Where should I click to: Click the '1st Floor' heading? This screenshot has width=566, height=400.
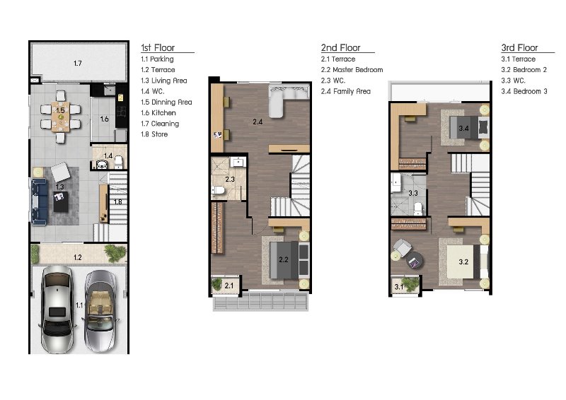tap(158, 47)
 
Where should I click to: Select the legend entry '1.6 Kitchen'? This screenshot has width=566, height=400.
tap(158, 113)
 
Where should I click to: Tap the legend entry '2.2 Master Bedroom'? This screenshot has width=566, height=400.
tap(352, 70)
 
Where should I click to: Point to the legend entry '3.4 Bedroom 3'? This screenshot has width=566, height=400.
tap(524, 91)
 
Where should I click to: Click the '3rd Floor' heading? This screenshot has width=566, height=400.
tap(519, 47)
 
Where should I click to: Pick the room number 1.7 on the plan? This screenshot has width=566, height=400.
tap(78, 64)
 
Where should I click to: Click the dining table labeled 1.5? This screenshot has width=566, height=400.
tap(60, 117)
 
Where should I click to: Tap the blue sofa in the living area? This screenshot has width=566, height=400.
tap(39, 202)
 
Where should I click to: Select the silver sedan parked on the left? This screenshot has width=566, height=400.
tap(57, 310)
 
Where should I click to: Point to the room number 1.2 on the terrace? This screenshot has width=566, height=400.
tap(78, 257)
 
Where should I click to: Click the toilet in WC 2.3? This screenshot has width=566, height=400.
tap(218, 189)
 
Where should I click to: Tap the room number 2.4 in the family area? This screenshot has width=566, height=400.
tap(258, 122)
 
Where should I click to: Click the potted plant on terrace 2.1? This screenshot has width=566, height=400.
tap(217, 285)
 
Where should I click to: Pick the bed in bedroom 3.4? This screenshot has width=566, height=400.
tap(469, 128)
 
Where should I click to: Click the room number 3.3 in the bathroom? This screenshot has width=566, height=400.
tap(413, 194)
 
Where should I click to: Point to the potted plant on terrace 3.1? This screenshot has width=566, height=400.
tap(410, 284)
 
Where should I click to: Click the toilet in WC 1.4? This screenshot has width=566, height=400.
tap(118, 163)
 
